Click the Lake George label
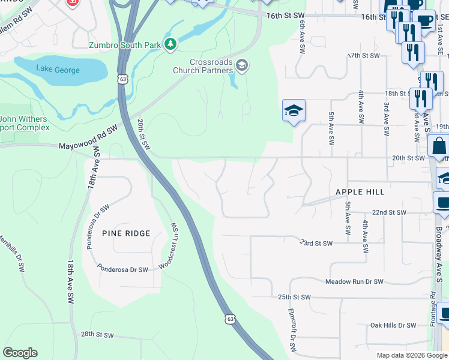tap(58, 70)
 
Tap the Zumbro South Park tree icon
tap(171, 43)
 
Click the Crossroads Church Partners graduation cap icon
tap(241, 65)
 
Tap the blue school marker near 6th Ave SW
tap(294, 111)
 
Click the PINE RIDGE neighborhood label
tap(126, 233)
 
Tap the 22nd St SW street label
tap(389, 213)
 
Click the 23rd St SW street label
tap(316, 243)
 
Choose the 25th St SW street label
tap(294, 297)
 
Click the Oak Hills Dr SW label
tap(393, 325)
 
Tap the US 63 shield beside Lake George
tap(123, 79)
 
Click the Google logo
tap(20, 353)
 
